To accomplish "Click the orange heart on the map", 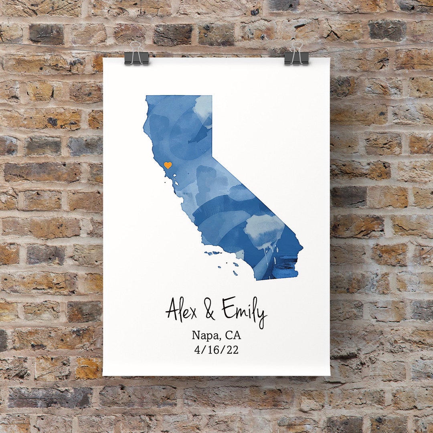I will click(x=168, y=165).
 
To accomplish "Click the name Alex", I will click(x=181, y=310).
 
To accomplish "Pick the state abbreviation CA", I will click(x=233, y=335).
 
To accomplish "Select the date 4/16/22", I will click(x=216, y=350).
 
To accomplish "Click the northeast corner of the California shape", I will click(x=211, y=96).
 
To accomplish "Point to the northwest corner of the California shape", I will click(x=147, y=97).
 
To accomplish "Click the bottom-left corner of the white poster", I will click(x=103, y=375).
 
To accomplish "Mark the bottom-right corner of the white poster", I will click(x=329, y=375).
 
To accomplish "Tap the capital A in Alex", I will click(x=173, y=309).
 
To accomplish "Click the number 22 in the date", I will click(x=233, y=350).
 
